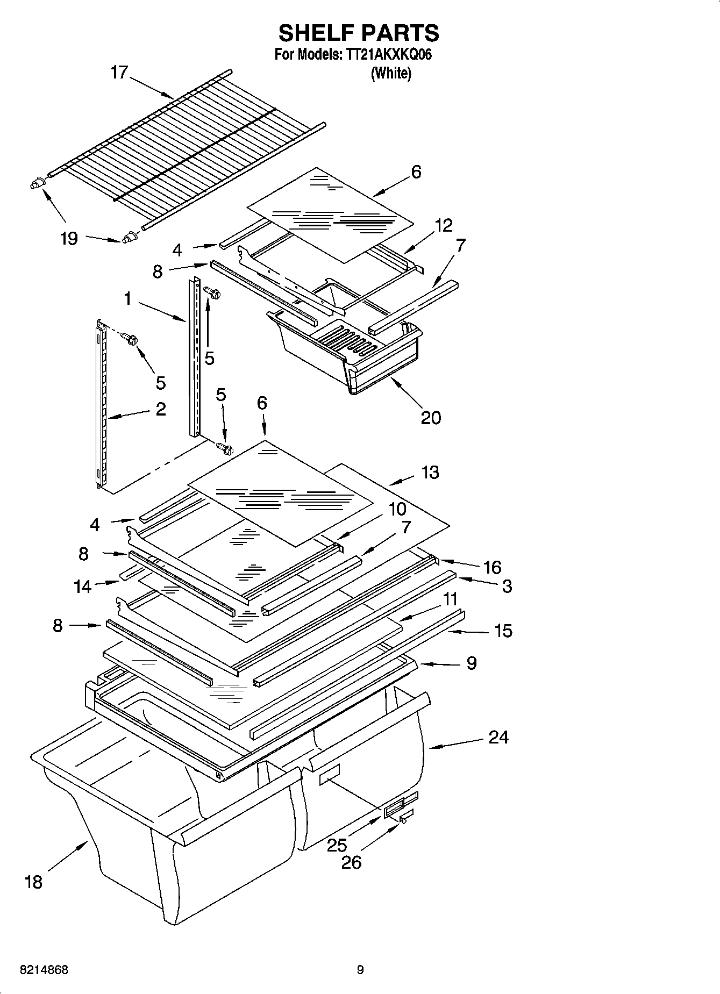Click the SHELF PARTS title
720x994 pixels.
pos(359,33)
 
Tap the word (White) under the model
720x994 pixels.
pos(391,73)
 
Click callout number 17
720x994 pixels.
pos(119,72)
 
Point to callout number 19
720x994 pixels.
pos(69,238)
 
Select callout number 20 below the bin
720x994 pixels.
pos(430,417)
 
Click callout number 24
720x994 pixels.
pos(498,736)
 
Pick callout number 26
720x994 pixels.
pos(351,862)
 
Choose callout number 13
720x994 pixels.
pos(430,472)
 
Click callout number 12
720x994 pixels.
pos(444,225)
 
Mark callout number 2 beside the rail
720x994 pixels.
pos(160,409)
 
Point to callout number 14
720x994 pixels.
pos(83,586)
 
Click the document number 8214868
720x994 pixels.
pos(44,970)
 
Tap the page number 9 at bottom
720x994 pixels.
pos(360,970)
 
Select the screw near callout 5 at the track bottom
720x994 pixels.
pos(224,447)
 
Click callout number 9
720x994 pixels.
pos(471,663)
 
